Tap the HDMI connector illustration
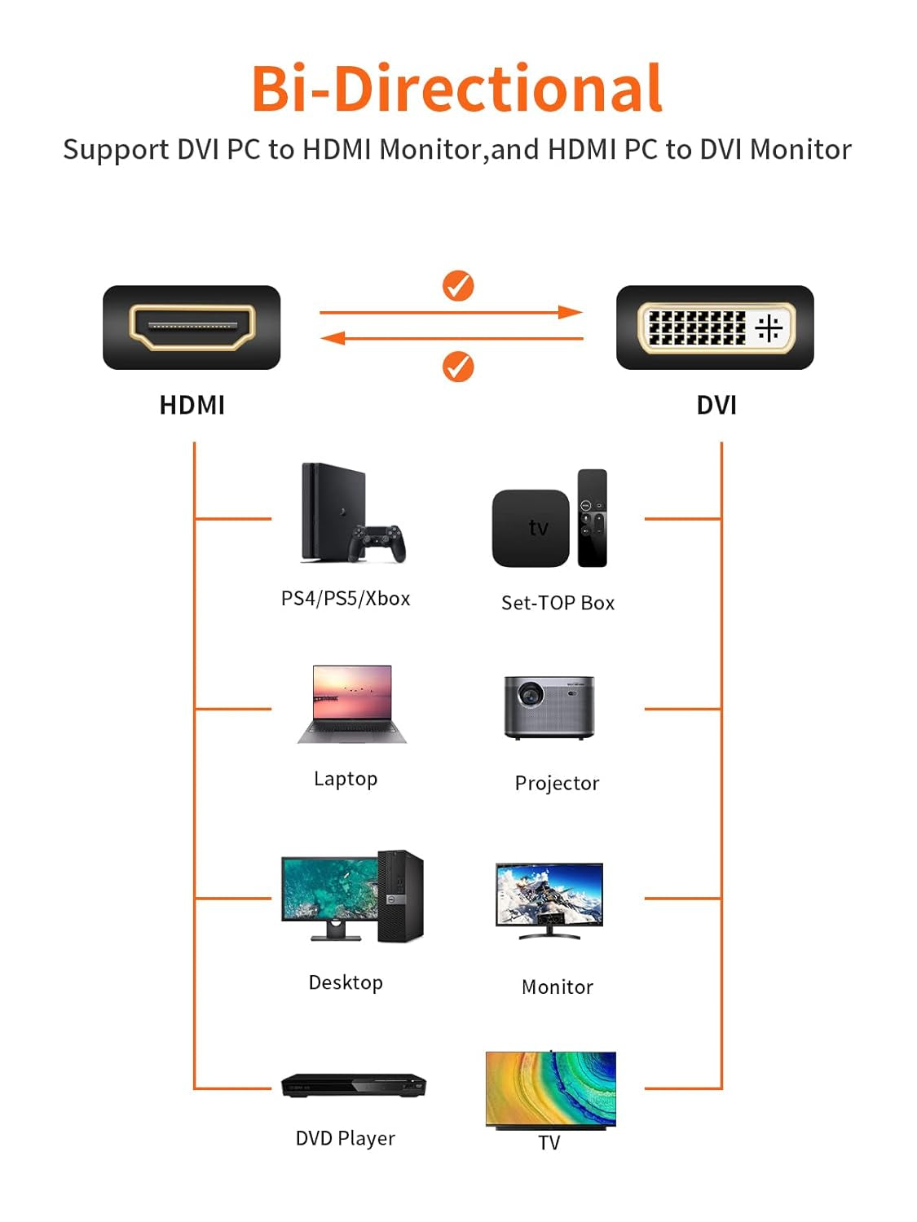coord(192,327)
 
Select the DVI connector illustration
coord(715,327)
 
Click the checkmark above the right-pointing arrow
coord(458,286)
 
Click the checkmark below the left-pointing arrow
coord(458,367)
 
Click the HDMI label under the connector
coord(192,405)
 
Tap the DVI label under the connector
coord(716,405)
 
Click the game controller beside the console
coord(377,543)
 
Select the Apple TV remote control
coord(593,517)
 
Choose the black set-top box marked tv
coord(531,528)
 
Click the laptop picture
coord(352,704)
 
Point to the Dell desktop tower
coord(400,895)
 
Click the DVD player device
coord(353,1085)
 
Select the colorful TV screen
coord(550,1088)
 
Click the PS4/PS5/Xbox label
coord(346,599)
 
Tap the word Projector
coord(557,783)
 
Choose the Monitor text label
coord(557,987)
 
